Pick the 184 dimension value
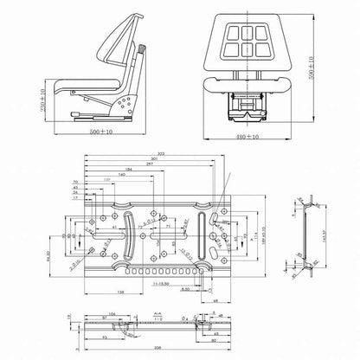click(127, 170)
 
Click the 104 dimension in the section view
click(112, 314)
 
